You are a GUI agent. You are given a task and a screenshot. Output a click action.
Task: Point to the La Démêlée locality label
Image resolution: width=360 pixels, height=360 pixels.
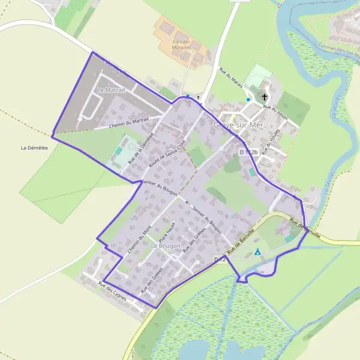(x=34, y=148)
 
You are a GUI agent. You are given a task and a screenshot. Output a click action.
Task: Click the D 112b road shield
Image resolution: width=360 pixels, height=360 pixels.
(x=248, y=152)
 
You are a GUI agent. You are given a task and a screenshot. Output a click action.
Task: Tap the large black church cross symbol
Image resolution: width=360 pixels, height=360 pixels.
(x=265, y=96)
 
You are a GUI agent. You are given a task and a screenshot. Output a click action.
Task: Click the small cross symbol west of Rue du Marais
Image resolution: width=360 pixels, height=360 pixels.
(x=198, y=97)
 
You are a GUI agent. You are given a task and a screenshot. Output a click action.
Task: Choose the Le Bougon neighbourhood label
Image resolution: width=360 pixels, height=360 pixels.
(x=166, y=246)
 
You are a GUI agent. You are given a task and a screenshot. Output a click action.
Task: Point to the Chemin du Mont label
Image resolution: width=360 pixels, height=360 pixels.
(x=140, y=236)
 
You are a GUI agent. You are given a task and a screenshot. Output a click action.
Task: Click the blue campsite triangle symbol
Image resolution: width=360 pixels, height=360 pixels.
(x=257, y=252)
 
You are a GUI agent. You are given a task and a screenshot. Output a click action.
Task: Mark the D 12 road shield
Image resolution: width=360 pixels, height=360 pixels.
(x=219, y=259)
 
